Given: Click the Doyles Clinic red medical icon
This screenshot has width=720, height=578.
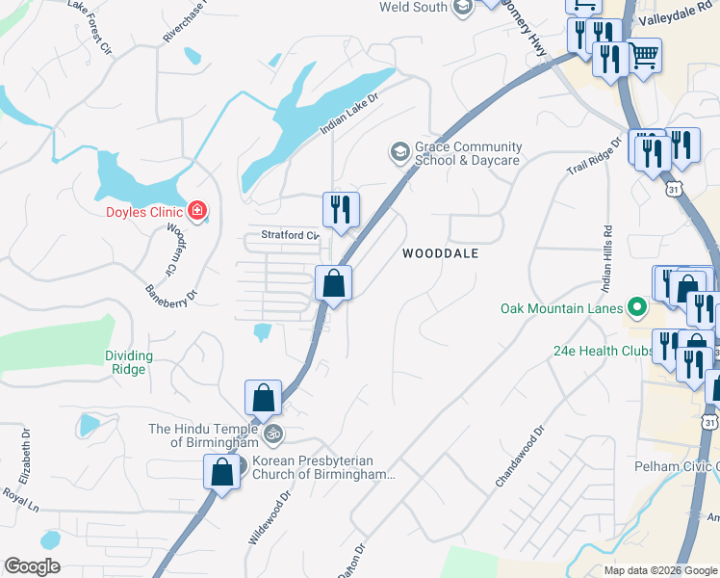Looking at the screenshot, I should click(x=197, y=210).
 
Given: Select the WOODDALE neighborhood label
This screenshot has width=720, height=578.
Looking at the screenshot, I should click(x=440, y=253).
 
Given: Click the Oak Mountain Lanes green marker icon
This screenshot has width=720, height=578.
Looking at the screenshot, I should click(x=636, y=308).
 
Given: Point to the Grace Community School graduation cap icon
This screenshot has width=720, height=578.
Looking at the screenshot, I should click(x=399, y=152).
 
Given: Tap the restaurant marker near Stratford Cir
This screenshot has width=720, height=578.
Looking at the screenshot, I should click(x=341, y=209).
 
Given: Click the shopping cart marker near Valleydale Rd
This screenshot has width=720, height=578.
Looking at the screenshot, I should click(x=644, y=56).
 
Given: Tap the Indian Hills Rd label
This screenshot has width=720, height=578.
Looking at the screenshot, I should click(x=606, y=258).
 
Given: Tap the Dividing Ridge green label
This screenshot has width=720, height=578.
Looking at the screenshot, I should click(x=126, y=362).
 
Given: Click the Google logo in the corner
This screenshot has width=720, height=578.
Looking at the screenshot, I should click(x=32, y=566).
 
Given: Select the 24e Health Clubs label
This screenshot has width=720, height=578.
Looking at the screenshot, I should click(x=604, y=351).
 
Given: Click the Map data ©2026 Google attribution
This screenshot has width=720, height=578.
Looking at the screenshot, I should click(x=659, y=570).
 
